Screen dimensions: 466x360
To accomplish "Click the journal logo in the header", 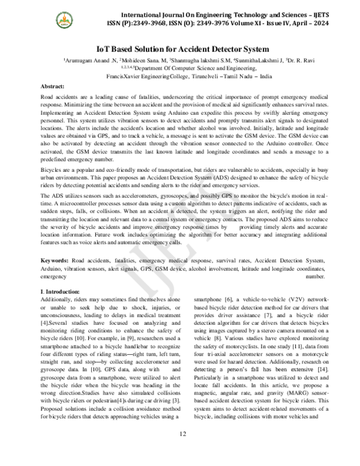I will click(63, 20).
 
